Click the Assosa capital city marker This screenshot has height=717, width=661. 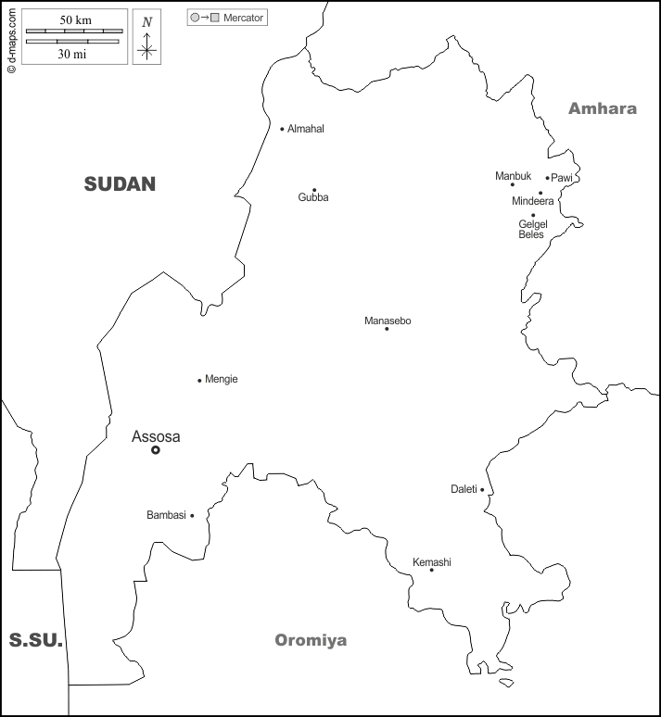[156, 450]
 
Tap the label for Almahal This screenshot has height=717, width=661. [306, 129]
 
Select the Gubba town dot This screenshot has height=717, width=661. [313, 190]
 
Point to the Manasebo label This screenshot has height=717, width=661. [388, 321]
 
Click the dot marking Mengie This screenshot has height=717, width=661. [199, 380]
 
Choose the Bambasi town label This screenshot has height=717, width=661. [166, 515]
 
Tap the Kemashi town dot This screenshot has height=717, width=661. [431, 570]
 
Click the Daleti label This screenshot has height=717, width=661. [464, 489]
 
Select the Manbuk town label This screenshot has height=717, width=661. [513, 176]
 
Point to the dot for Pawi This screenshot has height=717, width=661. [547, 178]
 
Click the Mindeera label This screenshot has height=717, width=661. [532, 201]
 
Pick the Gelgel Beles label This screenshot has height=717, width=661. [532, 229]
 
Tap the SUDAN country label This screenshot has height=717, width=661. [120, 183]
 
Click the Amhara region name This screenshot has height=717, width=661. [603, 108]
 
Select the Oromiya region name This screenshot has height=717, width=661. [311, 640]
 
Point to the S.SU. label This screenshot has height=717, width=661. [35, 639]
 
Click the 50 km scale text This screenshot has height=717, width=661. [75, 19]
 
